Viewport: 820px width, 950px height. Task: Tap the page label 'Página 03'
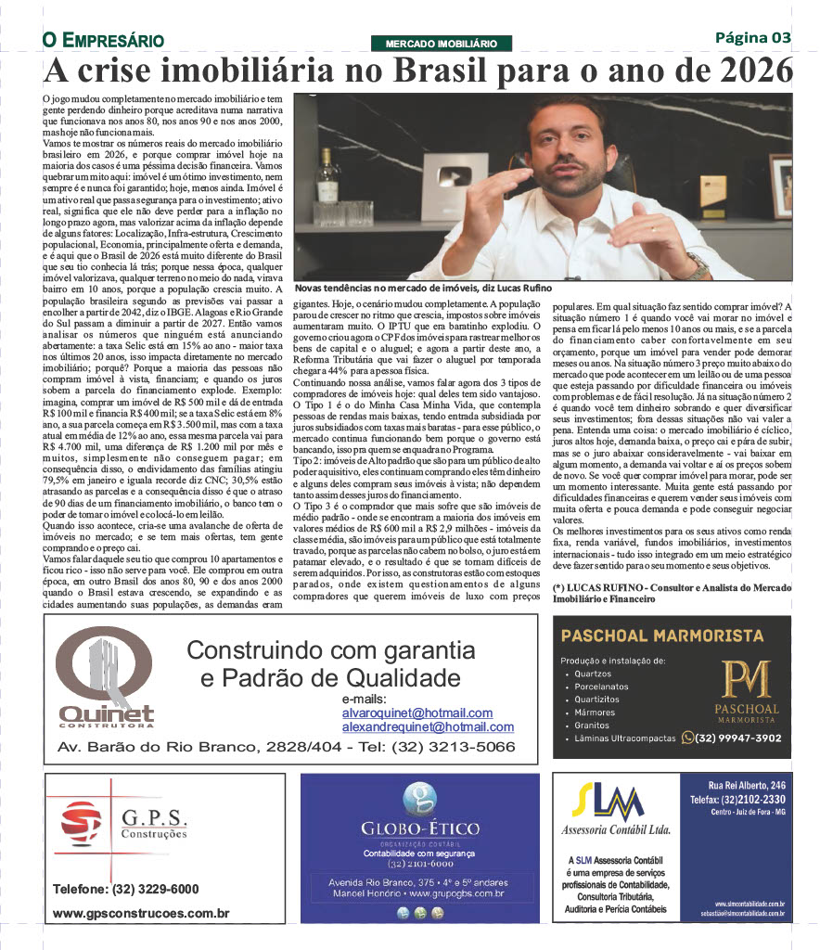[x=753, y=38]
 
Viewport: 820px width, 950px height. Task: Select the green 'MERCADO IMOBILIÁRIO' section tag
[x=442, y=44]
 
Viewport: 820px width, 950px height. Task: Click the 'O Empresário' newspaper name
[x=103, y=41]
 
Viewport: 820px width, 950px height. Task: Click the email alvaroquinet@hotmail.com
[x=416, y=712]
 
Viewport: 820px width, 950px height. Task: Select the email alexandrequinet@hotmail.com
[x=428, y=727]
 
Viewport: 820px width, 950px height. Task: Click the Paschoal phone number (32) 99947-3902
[x=737, y=738]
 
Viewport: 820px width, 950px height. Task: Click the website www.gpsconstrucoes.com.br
[x=141, y=914]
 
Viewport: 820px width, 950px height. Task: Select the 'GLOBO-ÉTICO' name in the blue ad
[x=420, y=828]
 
